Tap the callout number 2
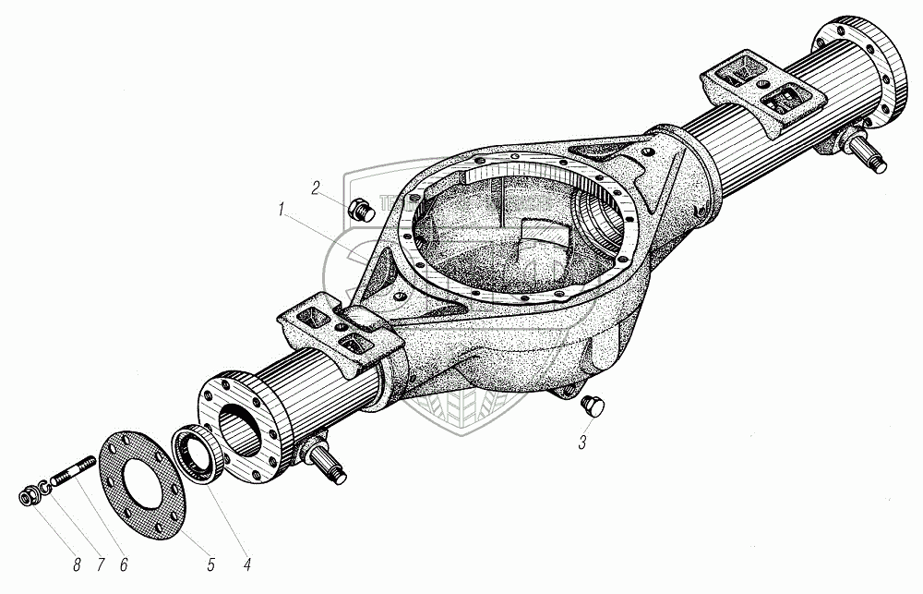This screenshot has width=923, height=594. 315,188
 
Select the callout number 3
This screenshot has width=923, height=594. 582,442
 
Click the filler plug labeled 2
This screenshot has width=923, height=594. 360,211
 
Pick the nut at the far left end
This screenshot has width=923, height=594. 27,499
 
